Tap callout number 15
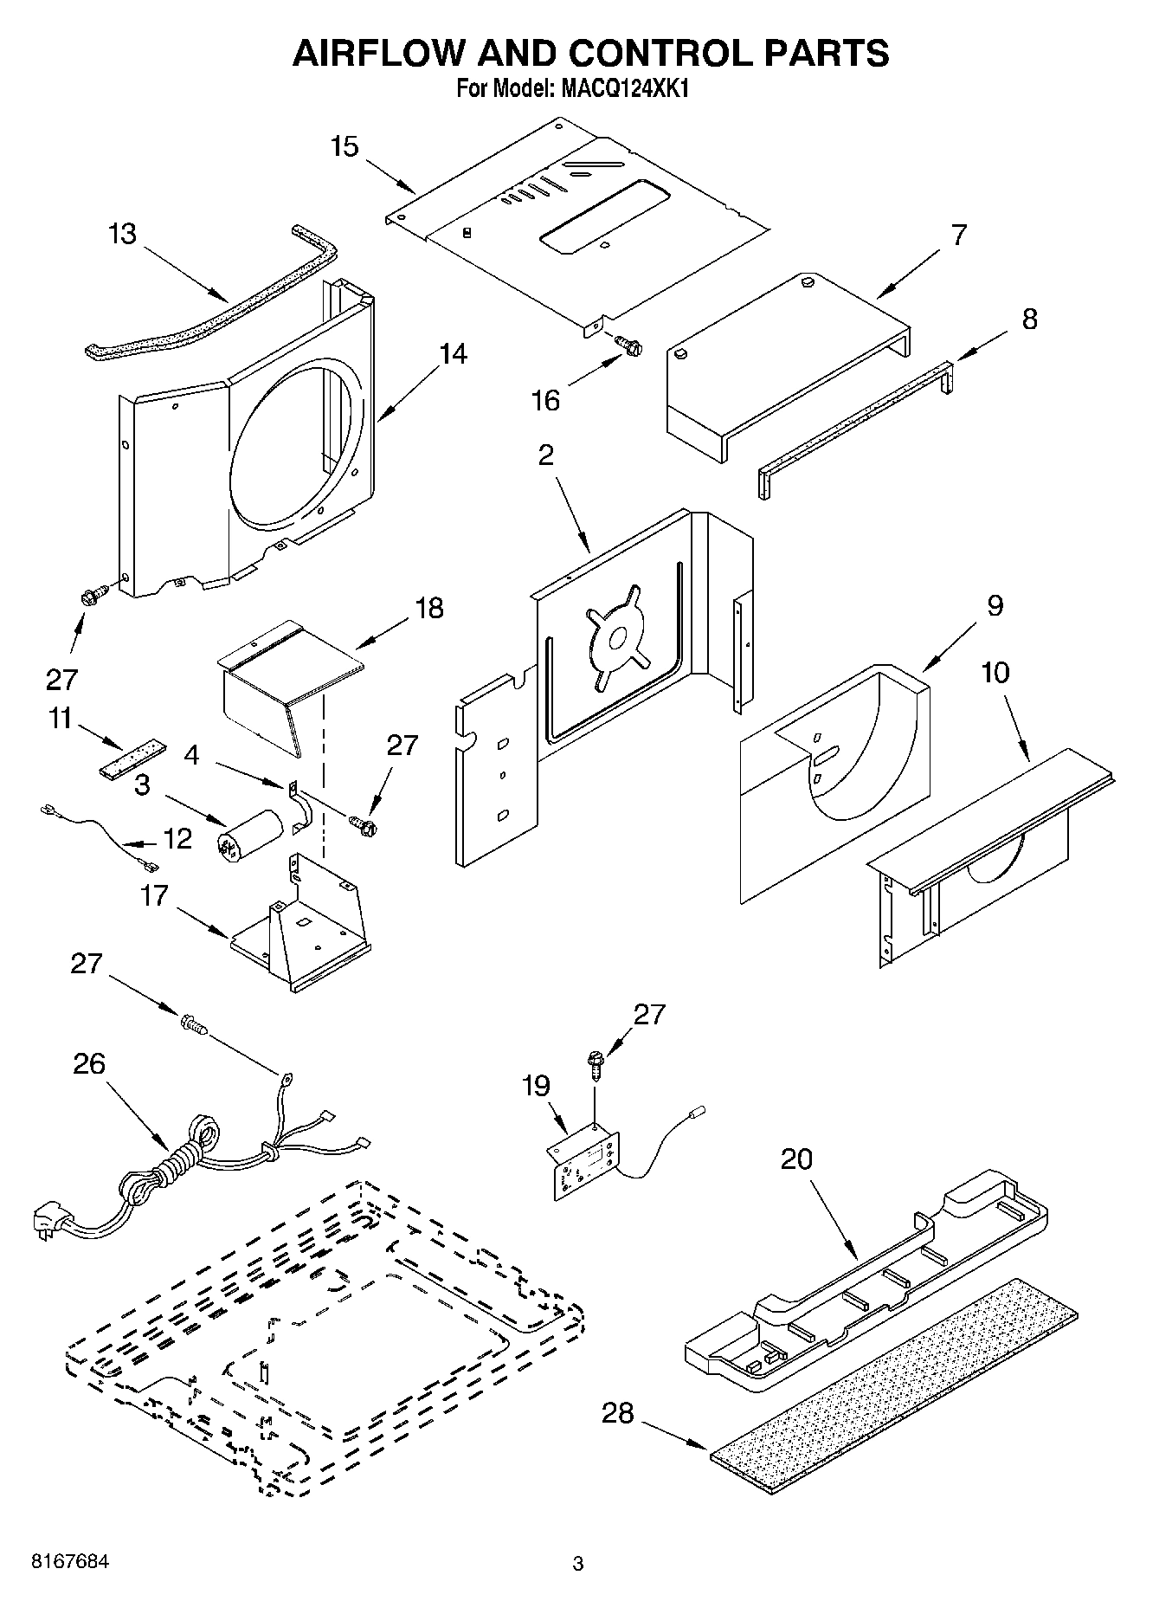344,146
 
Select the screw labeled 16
629,345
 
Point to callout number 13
124,234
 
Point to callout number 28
618,1413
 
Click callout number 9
995,605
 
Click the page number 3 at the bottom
578,1564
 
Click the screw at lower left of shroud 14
93,594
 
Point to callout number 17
154,895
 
